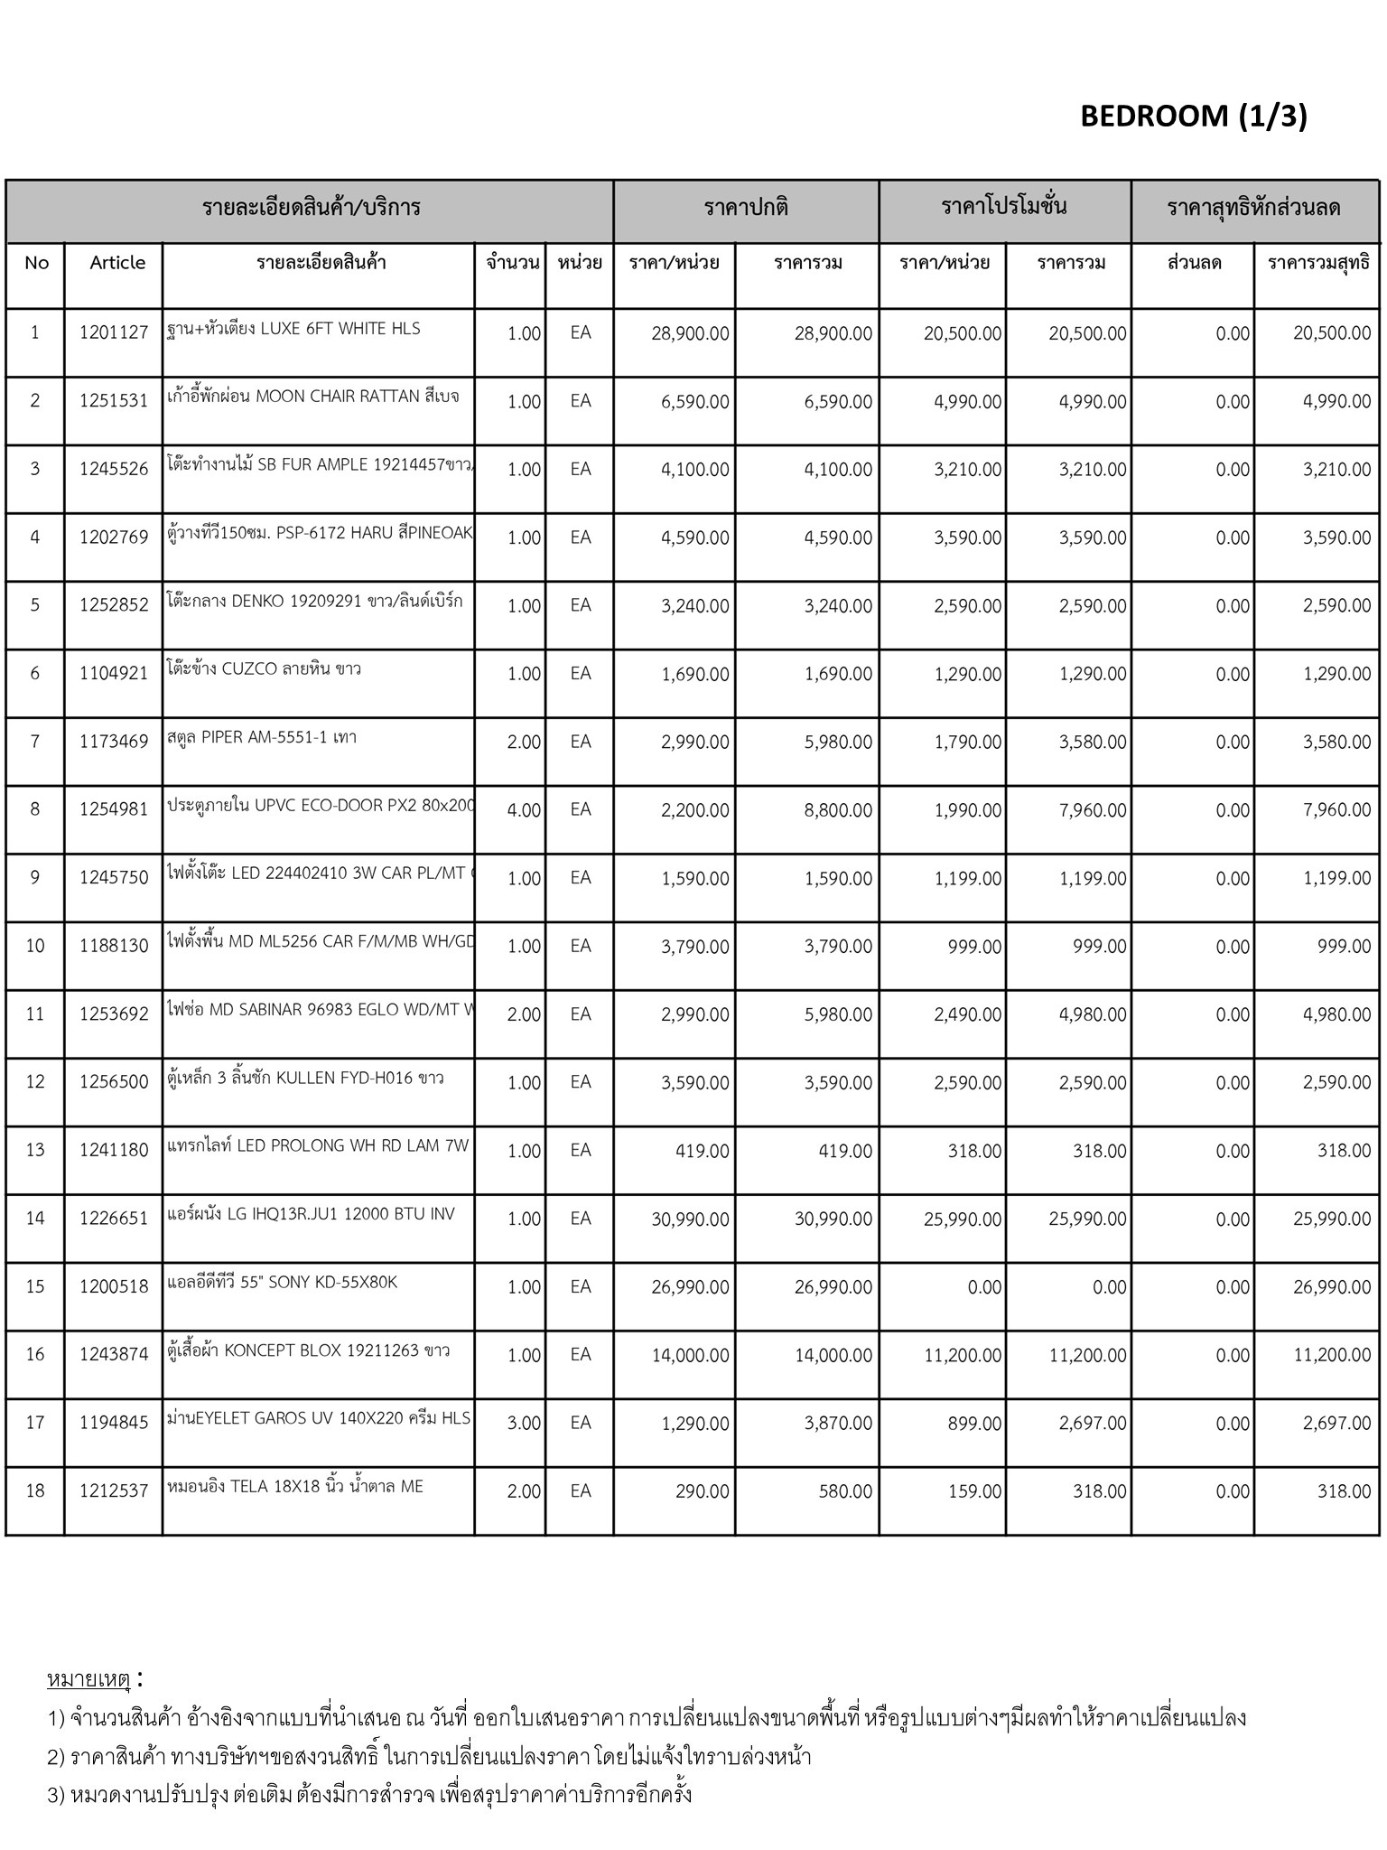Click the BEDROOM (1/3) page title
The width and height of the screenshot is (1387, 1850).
coord(1193,117)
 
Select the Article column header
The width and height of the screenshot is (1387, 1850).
coord(117,263)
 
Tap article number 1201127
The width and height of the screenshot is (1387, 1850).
coord(114,332)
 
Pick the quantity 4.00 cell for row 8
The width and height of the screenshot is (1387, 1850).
coord(524,810)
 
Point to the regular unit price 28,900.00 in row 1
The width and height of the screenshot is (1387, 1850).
coord(690,333)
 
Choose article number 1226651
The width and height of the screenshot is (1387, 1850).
coord(114,1219)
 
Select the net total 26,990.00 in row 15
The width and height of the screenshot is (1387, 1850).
coord(1332,1286)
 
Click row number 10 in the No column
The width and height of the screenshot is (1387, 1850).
coord(35,946)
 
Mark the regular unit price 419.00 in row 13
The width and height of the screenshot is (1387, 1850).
coord(702,1151)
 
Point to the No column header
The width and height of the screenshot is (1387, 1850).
coord(36,263)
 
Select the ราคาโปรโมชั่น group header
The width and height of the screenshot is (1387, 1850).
coord(1004,207)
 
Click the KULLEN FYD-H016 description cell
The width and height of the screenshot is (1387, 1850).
coord(305,1078)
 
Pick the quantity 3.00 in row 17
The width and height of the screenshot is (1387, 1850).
coord(524,1423)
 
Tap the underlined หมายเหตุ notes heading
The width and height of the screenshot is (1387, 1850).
coord(88,1679)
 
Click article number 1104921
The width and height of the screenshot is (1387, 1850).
coord(114,674)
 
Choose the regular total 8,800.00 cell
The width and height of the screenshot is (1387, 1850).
coord(838,810)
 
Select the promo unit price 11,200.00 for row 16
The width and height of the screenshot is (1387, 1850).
coord(963,1355)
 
